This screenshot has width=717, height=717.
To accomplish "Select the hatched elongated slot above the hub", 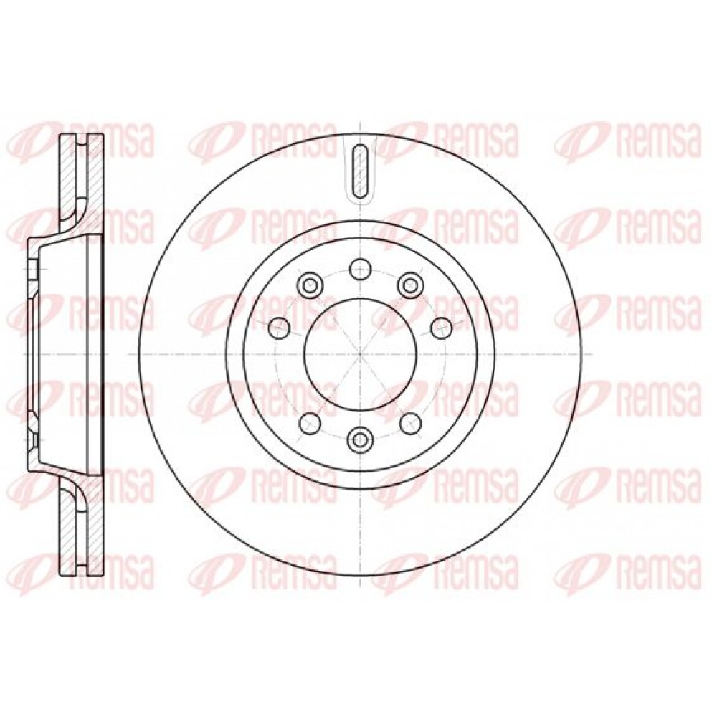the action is click(361, 170).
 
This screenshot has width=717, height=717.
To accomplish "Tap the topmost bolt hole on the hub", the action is click(361, 269).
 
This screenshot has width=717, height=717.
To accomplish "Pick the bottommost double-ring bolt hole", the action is click(361, 440).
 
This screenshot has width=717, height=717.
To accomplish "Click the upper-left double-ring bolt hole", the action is click(310, 286).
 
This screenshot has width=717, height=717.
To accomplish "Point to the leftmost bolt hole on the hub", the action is click(280, 328).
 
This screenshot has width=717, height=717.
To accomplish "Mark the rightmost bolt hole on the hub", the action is click(441, 328).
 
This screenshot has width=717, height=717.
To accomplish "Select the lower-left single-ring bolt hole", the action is click(310, 422).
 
